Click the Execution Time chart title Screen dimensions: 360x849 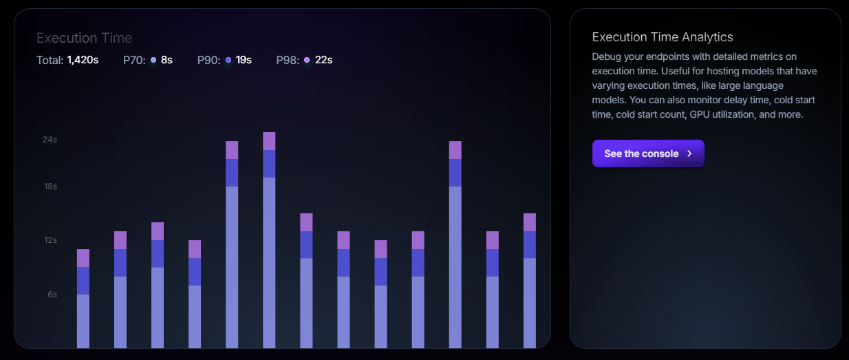tap(84, 38)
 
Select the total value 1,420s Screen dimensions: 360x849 tap(83, 60)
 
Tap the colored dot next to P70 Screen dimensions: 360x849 tap(153, 60)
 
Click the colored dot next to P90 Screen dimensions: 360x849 tap(228, 60)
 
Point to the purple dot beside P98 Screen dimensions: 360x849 tap(307, 60)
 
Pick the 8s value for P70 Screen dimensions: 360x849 tap(166, 60)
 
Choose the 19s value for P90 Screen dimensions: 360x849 tap(244, 60)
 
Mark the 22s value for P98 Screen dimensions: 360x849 tap(323, 60)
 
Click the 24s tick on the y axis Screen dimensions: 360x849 tap(50, 140)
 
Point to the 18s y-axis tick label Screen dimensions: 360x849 tap(50, 187)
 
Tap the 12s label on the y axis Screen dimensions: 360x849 tap(50, 240)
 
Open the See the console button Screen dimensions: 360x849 tap(647, 153)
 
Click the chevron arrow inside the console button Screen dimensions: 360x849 tap(689, 153)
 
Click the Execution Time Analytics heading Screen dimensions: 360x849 tap(662, 37)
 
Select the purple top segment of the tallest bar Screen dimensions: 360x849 tap(269, 141)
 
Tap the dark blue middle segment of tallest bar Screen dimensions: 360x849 tap(269, 164)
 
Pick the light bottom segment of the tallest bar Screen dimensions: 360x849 tap(269, 262)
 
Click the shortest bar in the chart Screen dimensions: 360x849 tap(83, 299)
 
